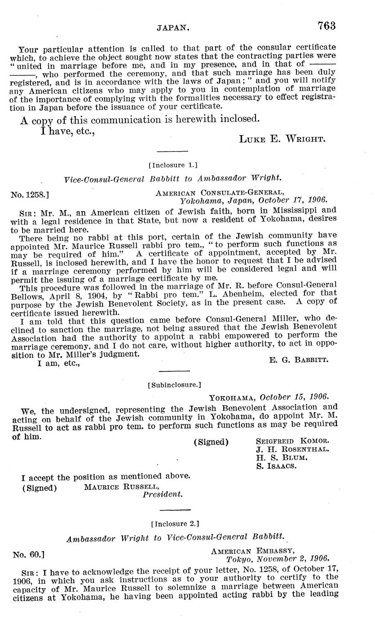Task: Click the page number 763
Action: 326,26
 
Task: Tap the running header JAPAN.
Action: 173,28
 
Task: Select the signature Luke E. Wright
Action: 282,139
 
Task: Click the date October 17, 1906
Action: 294,201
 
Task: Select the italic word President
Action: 163,494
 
